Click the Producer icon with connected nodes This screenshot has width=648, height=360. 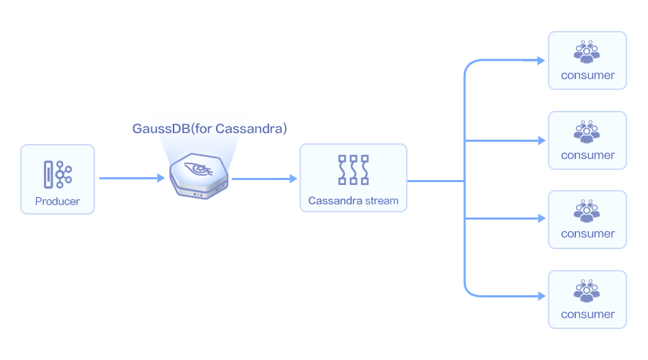[58, 174]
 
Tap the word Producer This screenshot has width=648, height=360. [58, 201]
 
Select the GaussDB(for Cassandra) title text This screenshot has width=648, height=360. [210, 128]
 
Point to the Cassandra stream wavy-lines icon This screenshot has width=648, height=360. [353, 171]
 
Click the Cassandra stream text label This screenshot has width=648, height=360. [353, 201]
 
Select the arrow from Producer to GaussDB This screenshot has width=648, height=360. [131, 178]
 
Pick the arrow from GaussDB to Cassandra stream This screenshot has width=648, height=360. [264, 178]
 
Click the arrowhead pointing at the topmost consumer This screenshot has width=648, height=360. [541, 60]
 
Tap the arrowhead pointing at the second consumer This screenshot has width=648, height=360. [541, 140]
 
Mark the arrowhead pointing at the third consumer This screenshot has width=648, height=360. [541, 219]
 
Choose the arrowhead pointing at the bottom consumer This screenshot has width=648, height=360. [541, 296]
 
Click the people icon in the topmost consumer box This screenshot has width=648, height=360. [587, 51]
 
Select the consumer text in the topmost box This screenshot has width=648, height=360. [588, 75]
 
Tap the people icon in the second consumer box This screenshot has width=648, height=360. [587, 131]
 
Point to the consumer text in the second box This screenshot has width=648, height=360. [588, 155]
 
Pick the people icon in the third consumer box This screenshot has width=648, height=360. [587, 210]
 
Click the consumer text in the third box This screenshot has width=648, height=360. [588, 233]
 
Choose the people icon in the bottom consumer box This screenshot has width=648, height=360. [587, 290]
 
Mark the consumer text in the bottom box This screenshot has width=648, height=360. [588, 314]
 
